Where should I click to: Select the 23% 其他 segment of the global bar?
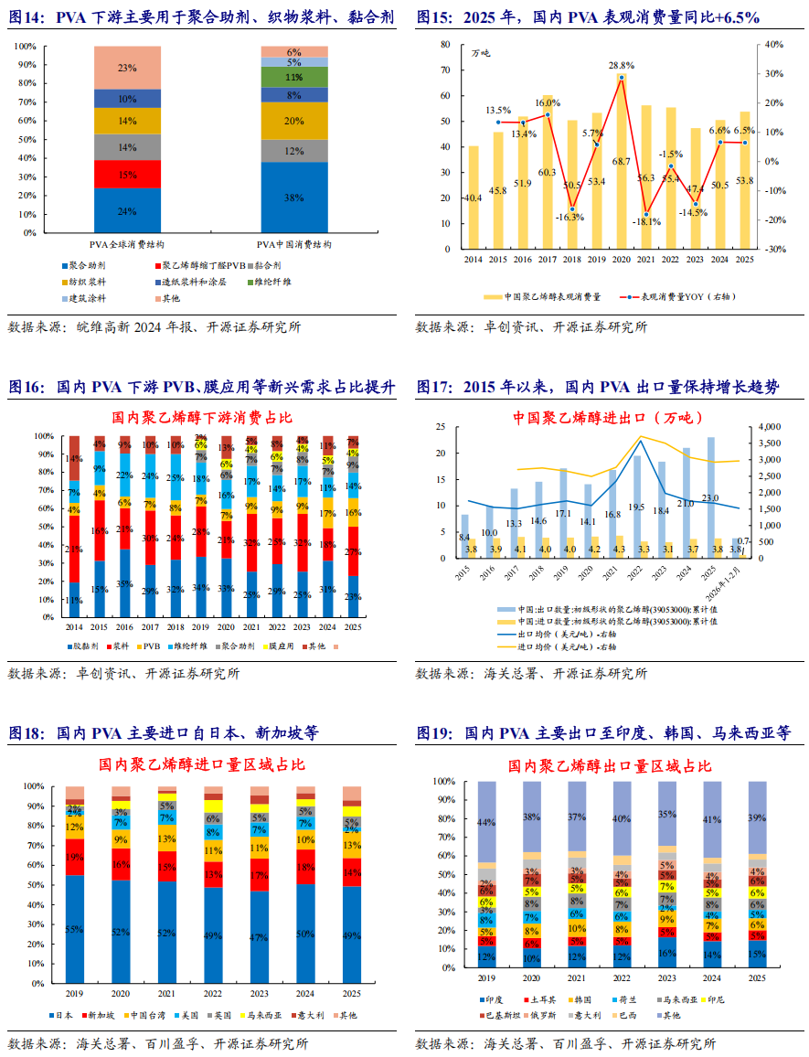point(127,68)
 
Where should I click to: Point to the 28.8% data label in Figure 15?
point(622,66)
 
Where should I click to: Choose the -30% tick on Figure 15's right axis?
point(774,249)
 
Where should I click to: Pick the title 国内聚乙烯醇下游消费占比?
point(202,417)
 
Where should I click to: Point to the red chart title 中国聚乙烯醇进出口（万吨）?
point(607,418)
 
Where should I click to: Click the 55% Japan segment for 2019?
point(75,928)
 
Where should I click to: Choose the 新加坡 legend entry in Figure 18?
point(102,1015)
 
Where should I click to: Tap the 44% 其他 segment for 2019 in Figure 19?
point(487,821)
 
